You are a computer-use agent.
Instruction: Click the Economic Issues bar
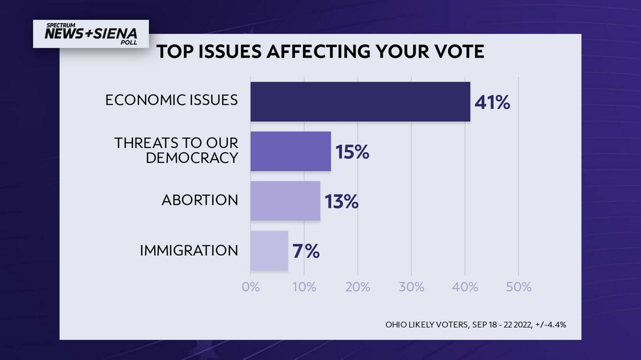[x=360, y=102]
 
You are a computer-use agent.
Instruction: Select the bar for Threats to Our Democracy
[x=290, y=151]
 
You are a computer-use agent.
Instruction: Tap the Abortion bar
[x=285, y=201]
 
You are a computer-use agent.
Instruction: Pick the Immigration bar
[x=269, y=250]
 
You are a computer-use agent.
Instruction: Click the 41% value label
[x=492, y=103]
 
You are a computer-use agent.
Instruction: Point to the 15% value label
[x=352, y=152]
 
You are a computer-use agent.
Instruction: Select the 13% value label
[x=341, y=202]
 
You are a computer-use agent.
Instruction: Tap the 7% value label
[x=305, y=251]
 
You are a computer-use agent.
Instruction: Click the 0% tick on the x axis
[x=250, y=287]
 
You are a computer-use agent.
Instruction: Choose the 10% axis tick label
[x=304, y=287]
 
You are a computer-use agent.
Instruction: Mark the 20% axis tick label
[x=358, y=287]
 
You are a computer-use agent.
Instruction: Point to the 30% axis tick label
[x=411, y=287]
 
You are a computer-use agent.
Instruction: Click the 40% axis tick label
[x=465, y=287]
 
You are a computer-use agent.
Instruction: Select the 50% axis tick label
[x=518, y=287]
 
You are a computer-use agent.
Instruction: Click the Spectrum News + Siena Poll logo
[x=91, y=34]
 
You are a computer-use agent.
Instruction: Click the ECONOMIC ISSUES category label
[x=171, y=100]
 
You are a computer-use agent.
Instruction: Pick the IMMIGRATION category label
[x=189, y=250]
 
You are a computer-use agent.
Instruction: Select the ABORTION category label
[x=199, y=200]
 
